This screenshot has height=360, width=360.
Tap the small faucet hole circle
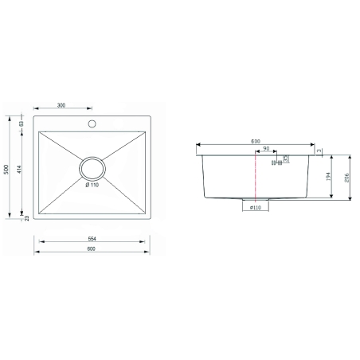[x=92, y=124]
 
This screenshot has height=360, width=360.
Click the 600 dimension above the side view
[x=255, y=141]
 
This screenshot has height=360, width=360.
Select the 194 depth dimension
[x=331, y=176]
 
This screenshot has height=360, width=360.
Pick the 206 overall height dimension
[x=347, y=178]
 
